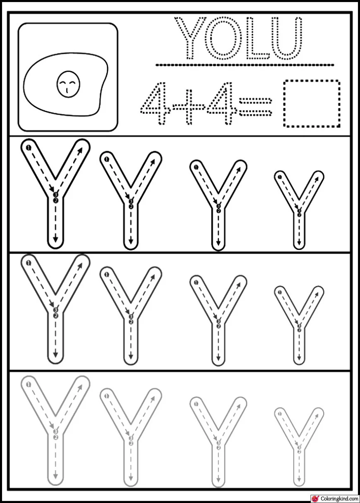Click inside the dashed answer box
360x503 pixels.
[312, 103]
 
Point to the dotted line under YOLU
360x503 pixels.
[245, 65]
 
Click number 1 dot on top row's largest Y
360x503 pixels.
[28, 147]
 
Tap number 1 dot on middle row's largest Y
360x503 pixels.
[28, 263]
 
